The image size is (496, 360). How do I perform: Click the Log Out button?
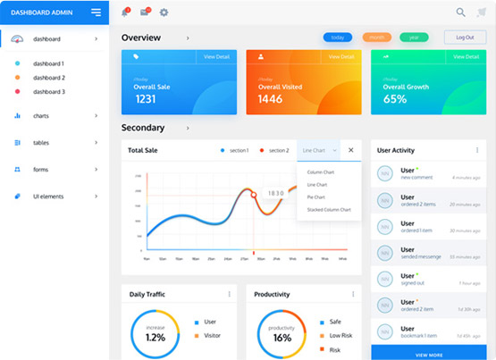pos(465,38)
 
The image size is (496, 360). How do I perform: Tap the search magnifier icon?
pos(461,13)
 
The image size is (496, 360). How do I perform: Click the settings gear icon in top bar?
pos(164,13)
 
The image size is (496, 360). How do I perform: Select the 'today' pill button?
pos(338,38)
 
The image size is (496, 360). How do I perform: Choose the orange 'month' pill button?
pos(376,38)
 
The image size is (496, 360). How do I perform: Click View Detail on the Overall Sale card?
pos(216,56)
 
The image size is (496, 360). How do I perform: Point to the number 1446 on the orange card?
pos(271,99)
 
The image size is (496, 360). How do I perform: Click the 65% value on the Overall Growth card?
pos(395,99)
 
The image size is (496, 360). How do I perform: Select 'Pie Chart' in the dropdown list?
pos(316,197)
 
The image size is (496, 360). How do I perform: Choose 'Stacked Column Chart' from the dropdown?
pos(329,210)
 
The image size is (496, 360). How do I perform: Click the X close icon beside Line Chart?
pos(351,150)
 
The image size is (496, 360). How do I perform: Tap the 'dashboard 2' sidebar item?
pos(48,78)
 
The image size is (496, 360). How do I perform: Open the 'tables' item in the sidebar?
pos(41,143)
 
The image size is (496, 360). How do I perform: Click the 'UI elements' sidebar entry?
pos(48,196)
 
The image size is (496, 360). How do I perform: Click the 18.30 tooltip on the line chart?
pos(276,193)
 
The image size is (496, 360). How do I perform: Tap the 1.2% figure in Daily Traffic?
pos(156,338)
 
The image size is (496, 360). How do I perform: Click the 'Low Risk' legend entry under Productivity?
pos(339,335)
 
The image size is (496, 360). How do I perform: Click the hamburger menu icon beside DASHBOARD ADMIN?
pos(97,12)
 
